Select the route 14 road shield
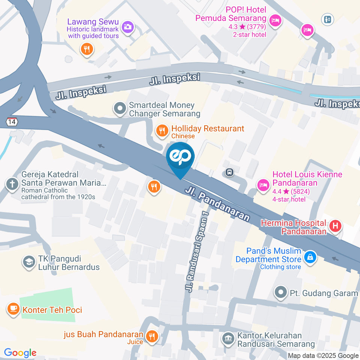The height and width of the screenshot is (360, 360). (x=12, y=121)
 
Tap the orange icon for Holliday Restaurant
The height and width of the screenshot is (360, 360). (x=162, y=130)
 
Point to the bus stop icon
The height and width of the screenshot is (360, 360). (x=229, y=172)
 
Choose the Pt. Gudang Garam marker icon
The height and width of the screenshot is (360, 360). (x=280, y=292)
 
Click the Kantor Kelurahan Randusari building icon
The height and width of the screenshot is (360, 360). (x=227, y=339)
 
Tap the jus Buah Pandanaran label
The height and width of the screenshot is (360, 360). (x=104, y=334)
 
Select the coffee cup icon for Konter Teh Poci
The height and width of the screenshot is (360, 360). (x=13, y=309)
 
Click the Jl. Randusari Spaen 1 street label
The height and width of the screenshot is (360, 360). (x=196, y=250)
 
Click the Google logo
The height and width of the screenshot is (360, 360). (x=20, y=352)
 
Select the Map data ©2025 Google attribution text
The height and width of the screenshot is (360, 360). (x=323, y=355)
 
